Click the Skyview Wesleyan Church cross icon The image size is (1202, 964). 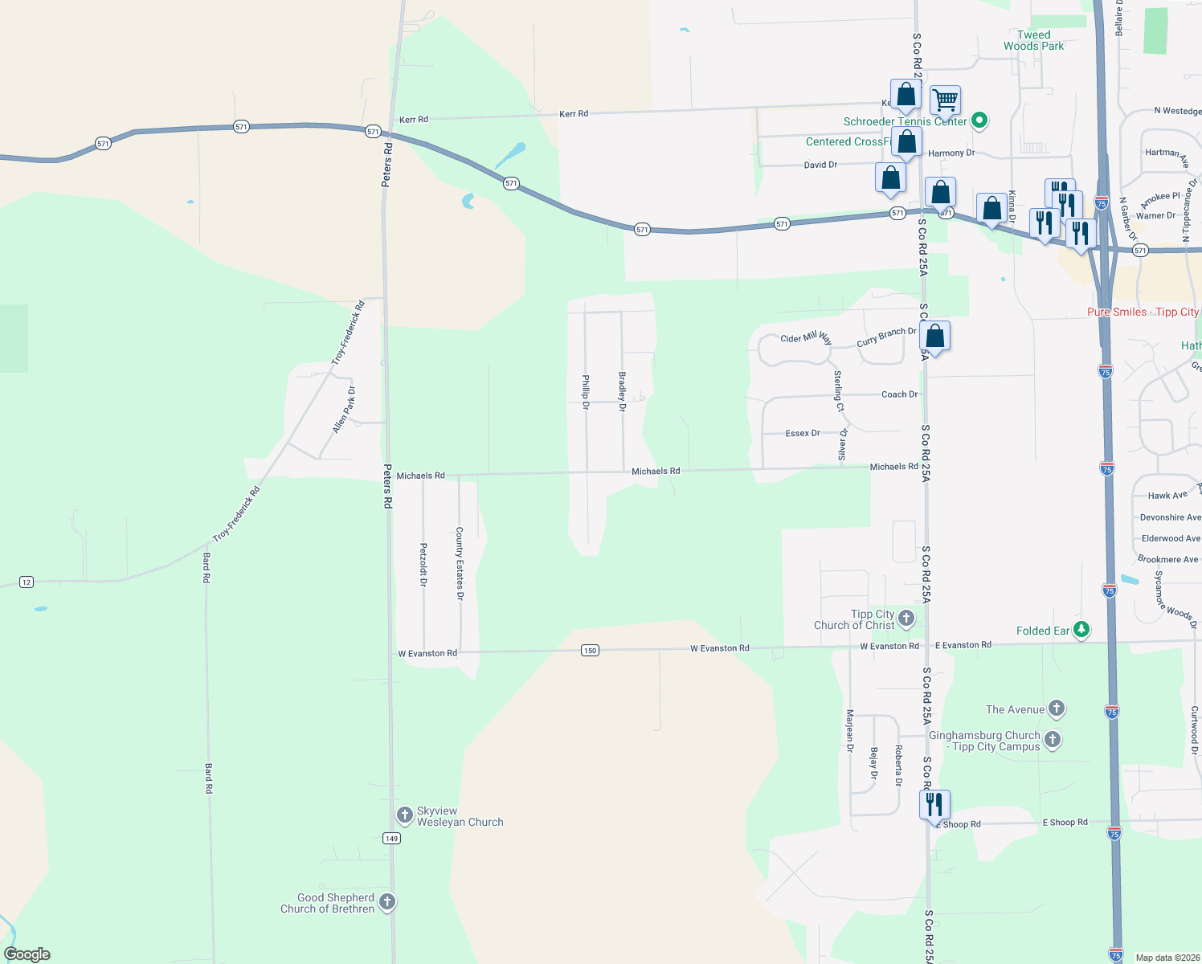[x=406, y=815]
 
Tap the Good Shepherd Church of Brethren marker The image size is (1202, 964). [x=387, y=902]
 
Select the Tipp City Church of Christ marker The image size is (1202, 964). [x=906, y=619]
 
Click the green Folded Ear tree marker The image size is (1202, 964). [x=1081, y=630]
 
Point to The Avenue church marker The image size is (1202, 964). [x=1057, y=709]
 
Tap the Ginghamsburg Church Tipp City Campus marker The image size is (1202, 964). [x=1053, y=739]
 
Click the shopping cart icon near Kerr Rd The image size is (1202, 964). [x=946, y=101]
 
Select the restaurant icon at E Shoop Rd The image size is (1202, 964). [x=934, y=804]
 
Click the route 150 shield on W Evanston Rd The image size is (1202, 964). [x=590, y=650]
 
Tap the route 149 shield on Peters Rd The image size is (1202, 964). [x=391, y=838]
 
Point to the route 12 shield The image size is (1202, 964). [x=27, y=582]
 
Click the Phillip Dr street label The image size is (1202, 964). [x=586, y=392]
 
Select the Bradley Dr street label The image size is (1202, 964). [x=622, y=391]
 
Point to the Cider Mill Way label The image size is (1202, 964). [x=806, y=338]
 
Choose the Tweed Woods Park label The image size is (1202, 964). [x=1033, y=40]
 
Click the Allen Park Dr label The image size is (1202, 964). [x=345, y=410]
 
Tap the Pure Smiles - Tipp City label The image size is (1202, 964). [x=1143, y=312]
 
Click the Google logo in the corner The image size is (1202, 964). [x=27, y=954]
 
